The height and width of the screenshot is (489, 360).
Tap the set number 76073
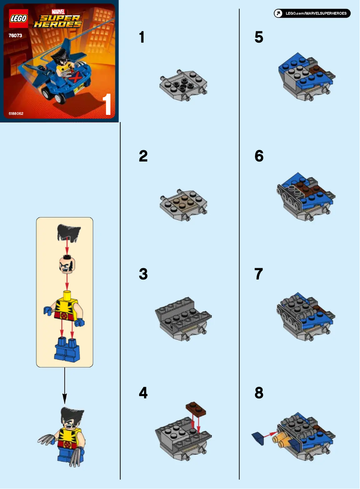[x=16, y=35]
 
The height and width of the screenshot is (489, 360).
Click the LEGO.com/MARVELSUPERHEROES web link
[x=312, y=13]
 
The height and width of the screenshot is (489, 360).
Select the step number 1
[x=142, y=37]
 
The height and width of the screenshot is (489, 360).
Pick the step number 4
[x=143, y=393]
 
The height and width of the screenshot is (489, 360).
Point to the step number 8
[x=259, y=393]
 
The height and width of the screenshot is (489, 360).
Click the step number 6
[x=259, y=156]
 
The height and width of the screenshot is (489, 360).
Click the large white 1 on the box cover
[x=107, y=105]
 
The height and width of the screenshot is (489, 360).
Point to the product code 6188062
[x=16, y=114]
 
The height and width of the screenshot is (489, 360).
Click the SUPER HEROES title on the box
[x=59, y=21]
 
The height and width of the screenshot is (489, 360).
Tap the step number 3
[x=143, y=274]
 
